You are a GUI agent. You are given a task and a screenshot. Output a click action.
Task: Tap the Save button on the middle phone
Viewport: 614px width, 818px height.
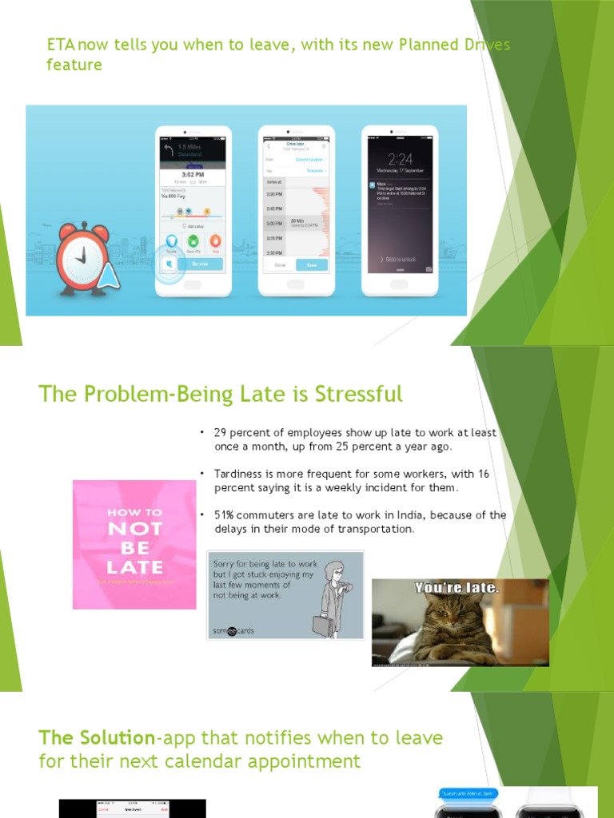311,264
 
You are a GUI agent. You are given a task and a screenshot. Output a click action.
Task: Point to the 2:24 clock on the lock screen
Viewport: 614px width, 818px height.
400,158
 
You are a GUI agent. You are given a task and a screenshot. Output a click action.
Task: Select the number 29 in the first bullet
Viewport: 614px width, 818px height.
221,433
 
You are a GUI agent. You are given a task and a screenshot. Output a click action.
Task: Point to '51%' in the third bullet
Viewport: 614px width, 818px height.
225,515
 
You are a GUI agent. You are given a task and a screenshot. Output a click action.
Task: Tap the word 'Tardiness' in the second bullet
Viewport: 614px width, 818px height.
241,475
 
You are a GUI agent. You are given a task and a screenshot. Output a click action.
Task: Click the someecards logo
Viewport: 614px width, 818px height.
232,630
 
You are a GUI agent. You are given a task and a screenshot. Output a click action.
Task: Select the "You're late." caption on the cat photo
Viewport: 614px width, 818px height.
457,589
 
